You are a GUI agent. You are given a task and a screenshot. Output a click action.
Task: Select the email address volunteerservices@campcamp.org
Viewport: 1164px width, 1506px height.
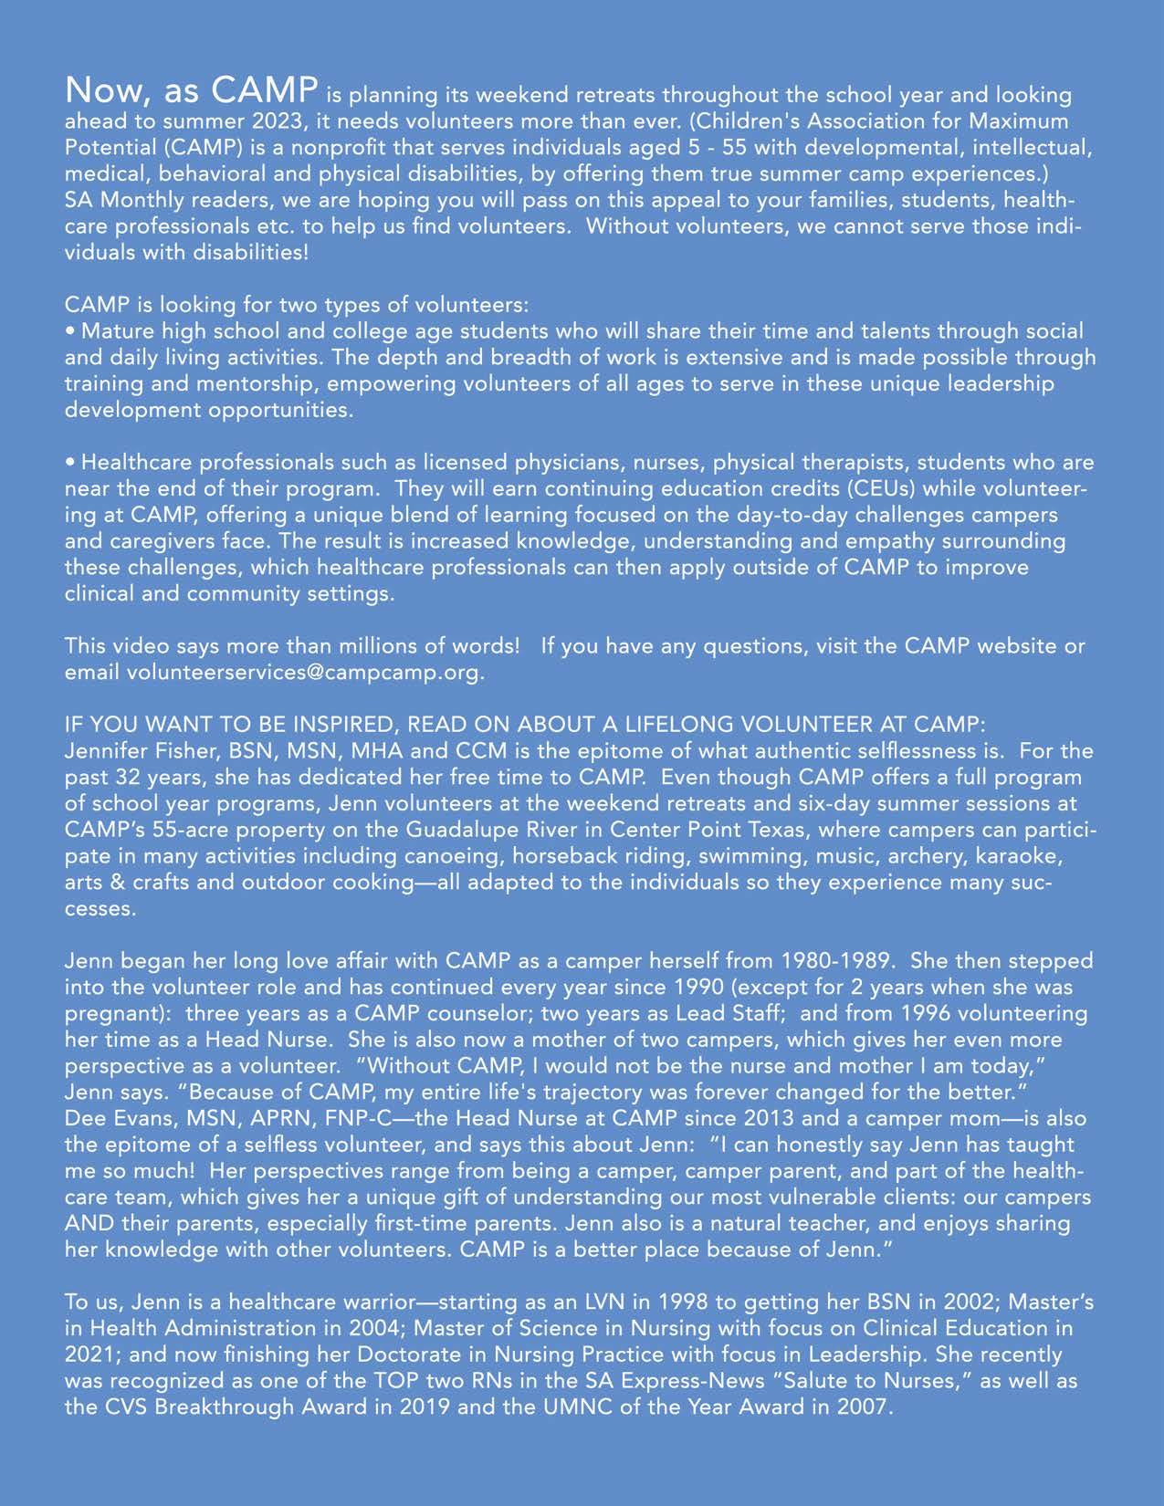click(x=302, y=673)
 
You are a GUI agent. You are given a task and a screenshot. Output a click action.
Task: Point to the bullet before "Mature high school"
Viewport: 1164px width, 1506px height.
click(x=70, y=330)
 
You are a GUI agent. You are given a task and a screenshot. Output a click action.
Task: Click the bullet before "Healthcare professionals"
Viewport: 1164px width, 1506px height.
click(x=70, y=463)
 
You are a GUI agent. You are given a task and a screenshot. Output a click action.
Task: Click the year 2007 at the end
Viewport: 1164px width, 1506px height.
click(x=859, y=1407)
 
